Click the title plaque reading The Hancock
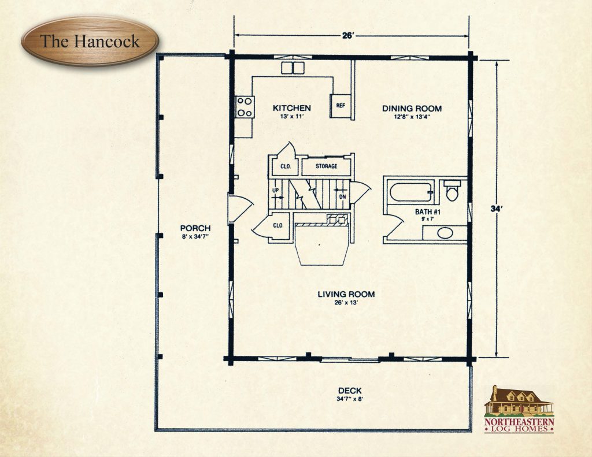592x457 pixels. pos(90,41)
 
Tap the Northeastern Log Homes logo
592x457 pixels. pos(519,409)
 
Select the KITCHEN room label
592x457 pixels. pos(292,108)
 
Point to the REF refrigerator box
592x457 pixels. pos(341,106)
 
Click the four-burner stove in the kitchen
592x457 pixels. pos(245,106)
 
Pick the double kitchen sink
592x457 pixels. pos(293,68)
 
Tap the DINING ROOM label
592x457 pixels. pos(412,108)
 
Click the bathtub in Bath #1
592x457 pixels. pos(410,192)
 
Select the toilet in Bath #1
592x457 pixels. pos(452,190)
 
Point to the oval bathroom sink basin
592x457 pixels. pos(444,233)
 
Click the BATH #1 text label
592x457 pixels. pos(428,212)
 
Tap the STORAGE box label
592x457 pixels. pos(327,167)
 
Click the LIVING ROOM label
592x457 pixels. pos(346,294)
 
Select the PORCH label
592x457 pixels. pos(195,228)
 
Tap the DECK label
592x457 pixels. pos(351,389)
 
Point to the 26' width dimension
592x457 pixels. pos(348,35)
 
